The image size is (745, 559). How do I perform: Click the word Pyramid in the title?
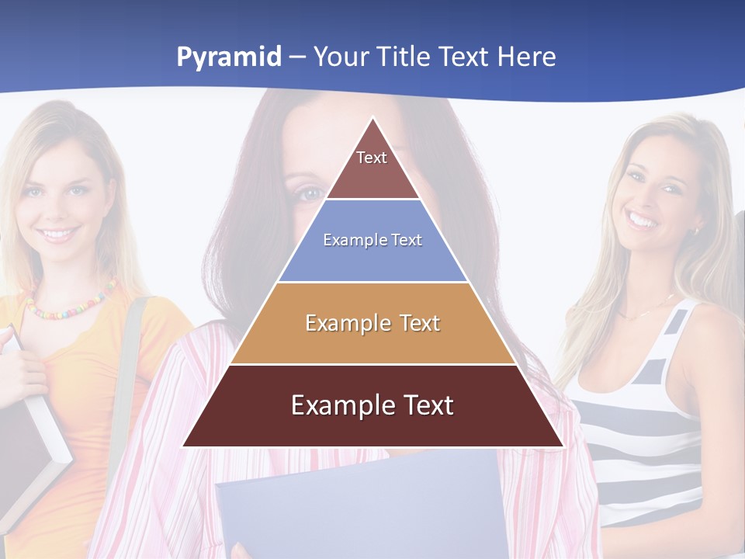[x=229, y=57]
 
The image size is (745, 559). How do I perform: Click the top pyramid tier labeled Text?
[x=372, y=167]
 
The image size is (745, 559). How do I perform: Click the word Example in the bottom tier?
[x=334, y=405]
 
